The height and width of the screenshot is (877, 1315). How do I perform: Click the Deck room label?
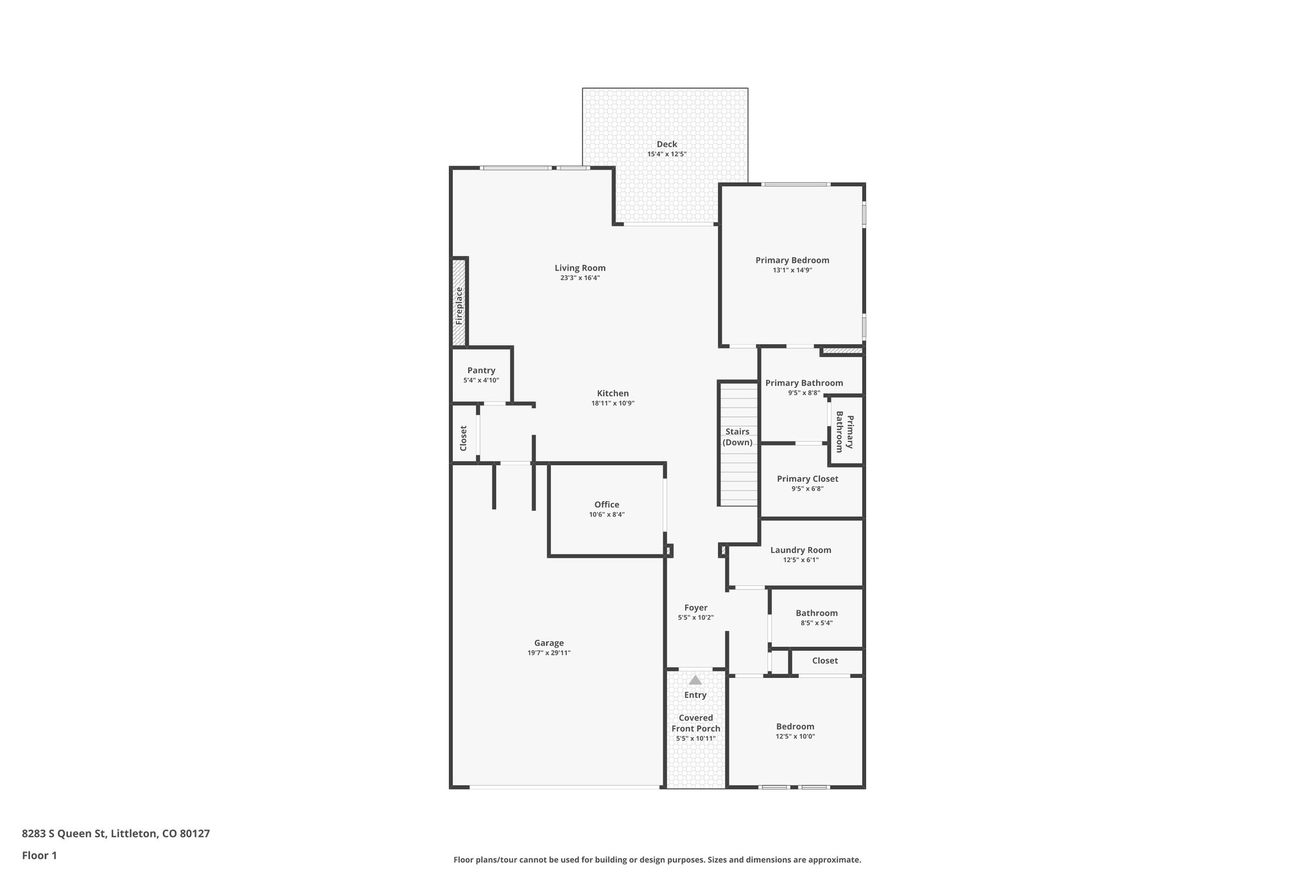pyautogui.click(x=666, y=145)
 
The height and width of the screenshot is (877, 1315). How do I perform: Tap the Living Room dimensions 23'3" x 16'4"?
pyautogui.click(x=580, y=278)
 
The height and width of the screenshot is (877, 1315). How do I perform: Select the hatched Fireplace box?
pyautogui.click(x=458, y=302)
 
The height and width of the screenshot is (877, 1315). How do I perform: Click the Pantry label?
pyautogui.click(x=481, y=371)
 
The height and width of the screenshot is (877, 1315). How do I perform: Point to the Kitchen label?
pyautogui.click(x=613, y=394)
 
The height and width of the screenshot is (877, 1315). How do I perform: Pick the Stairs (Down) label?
pyautogui.click(x=738, y=437)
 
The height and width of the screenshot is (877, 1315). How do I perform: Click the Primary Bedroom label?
pyautogui.click(x=792, y=260)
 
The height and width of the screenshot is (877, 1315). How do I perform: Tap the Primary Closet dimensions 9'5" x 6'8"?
pyautogui.click(x=807, y=489)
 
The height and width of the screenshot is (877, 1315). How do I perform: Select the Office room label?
pyautogui.click(x=607, y=505)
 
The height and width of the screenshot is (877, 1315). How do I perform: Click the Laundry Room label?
pyautogui.click(x=801, y=550)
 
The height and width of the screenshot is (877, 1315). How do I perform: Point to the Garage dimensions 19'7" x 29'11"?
pyautogui.click(x=549, y=653)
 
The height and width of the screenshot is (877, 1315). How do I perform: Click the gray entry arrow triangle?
pyautogui.click(x=695, y=680)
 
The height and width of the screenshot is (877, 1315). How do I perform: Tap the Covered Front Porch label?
pyautogui.click(x=696, y=723)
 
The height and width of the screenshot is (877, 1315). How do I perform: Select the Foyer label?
pyautogui.click(x=695, y=608)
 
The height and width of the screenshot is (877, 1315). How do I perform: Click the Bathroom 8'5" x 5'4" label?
pyautogui.click(x=817, y=613)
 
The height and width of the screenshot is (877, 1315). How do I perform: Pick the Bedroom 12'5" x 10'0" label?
pyautogui.click(x=795, y=727)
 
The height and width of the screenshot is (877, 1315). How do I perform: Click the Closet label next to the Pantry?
pyautogui.click(x=464, y=438)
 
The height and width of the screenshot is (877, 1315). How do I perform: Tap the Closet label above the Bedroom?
pyautogui.click(x=824, y=660)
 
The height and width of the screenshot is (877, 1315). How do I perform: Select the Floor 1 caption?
pyautogui.click(x=40, y=855)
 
